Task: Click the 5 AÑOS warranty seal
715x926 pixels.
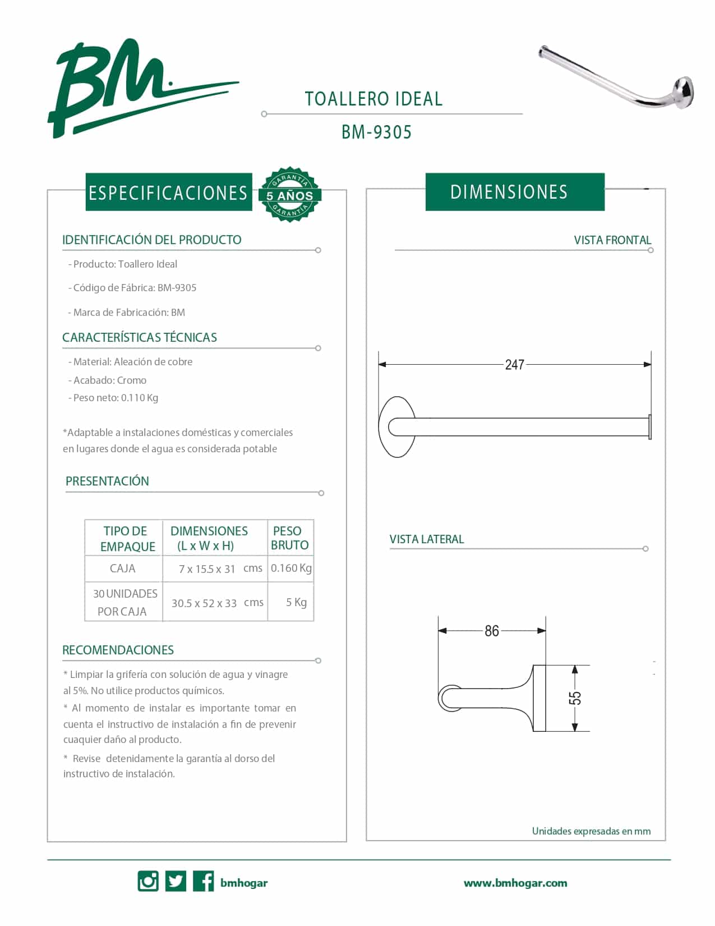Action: (x=289, y=194)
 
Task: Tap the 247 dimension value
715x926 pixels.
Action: (x=514, y=365)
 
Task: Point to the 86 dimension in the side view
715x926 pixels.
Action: (x=492, y=631)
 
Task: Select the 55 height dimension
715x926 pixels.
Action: (x=575, y=698)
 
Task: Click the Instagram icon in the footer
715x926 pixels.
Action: (x=148, y=881)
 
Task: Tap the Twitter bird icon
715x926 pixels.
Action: (x=176, y=881)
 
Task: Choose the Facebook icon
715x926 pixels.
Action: (x=203, y=881)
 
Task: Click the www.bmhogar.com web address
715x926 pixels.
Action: (x=515, y=883)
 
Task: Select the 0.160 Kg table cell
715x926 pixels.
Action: (x=291, y=568)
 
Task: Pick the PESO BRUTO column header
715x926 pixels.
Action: (x=290, y=538)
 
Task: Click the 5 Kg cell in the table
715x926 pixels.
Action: (x=296, y=602)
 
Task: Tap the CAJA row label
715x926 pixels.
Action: (x=123, y=569)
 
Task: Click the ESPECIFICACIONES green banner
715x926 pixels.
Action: (x=168, y=192)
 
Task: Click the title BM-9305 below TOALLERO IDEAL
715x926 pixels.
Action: (x=376, y=132)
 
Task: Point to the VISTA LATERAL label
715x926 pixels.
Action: (x=427, y=539)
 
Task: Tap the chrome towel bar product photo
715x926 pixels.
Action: (x=617, y=76)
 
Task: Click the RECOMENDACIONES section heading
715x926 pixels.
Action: (x=118, y=650)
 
